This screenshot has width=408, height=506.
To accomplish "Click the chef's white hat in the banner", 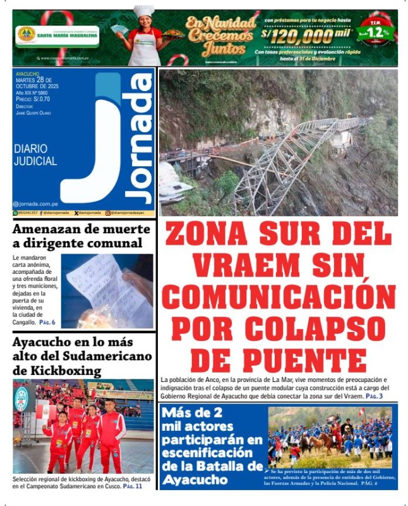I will pos(144,11).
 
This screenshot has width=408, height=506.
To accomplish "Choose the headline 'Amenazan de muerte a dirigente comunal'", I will pos(76,236).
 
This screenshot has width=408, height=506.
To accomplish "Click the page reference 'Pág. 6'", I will pos(47,323).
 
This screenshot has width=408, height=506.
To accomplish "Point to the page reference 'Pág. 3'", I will pos(374,396).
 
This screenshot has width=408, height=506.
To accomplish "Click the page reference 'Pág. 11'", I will pos(133,486).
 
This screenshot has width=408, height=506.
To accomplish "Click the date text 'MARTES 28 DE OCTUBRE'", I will pos(41,83).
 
